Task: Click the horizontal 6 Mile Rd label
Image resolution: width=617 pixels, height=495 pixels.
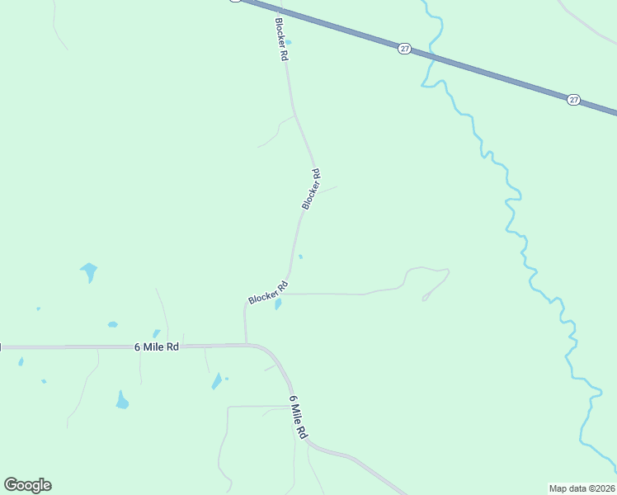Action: click(157, 347)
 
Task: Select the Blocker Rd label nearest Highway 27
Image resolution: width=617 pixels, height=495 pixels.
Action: click(281, 40)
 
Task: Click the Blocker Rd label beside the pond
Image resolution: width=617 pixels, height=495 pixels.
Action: click(268, 292)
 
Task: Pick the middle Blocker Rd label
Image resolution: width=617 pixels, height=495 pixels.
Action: click(311, 189)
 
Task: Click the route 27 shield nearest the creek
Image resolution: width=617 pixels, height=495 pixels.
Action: click(404, 49)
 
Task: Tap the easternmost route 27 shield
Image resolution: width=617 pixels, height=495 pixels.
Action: click(573, 100)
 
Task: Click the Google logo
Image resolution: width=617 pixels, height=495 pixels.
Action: click(27, 485)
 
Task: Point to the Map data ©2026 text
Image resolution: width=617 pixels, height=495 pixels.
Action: click(582, 488)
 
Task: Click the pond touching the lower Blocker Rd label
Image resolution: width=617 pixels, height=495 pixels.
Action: click(278, 304)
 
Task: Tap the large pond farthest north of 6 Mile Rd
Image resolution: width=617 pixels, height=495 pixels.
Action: click(88, 271)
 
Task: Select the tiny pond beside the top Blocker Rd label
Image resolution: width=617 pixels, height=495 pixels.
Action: click(288, 43)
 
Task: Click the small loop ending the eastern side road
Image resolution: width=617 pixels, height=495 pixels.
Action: click(426, 298)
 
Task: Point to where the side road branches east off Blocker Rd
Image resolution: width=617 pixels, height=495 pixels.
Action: click(286, 294)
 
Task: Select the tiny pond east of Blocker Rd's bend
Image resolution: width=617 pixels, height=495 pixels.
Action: click(300, 257)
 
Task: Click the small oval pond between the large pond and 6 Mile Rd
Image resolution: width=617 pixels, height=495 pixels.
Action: click(112, 324)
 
